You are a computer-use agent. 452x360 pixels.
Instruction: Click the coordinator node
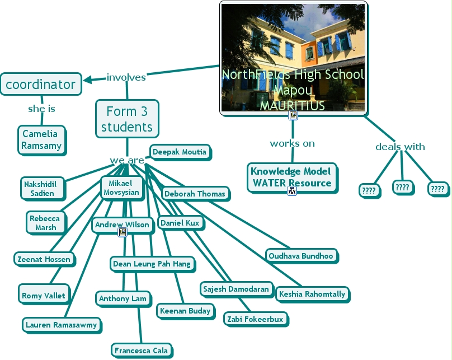tap(40, 85)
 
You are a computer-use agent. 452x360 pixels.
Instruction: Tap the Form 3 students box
tap(127, 119)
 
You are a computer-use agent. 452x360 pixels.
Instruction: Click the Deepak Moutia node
tap(180, 152)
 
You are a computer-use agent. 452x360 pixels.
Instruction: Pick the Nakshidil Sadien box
tap(39, 188)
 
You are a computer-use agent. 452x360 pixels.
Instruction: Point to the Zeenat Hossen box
tap(44, 259)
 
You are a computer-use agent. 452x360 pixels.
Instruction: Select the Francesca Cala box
tap(141, 350)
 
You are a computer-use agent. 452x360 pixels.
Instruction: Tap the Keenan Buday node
tap(185, 311)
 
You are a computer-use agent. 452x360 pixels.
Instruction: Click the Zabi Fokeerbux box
tap(255, 319)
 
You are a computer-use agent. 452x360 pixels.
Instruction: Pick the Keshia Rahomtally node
tap(312, 294)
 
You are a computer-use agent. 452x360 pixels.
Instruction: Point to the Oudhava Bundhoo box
tap(301, 256)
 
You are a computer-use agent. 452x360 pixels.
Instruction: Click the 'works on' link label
tap(292, 143)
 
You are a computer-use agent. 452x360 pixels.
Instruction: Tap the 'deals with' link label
tap(400, 147)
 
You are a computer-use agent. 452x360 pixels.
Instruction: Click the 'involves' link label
tap(126, 77)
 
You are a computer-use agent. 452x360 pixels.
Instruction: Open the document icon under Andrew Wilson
tap(122, 232)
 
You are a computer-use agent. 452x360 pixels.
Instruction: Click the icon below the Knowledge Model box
tap(291, 191)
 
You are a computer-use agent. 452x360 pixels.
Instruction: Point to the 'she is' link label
tap(42, 109)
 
